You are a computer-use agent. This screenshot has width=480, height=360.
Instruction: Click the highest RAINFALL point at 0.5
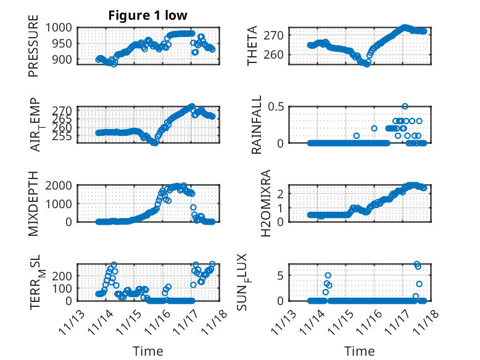click(x=405, y=106)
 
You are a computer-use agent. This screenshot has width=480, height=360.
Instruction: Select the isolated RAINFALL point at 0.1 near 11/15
click(x=356, y=135)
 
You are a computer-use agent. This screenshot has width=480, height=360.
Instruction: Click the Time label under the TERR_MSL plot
click(x=148, y=351)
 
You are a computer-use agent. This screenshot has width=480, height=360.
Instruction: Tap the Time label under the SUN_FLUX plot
click(x=359, y=351)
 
